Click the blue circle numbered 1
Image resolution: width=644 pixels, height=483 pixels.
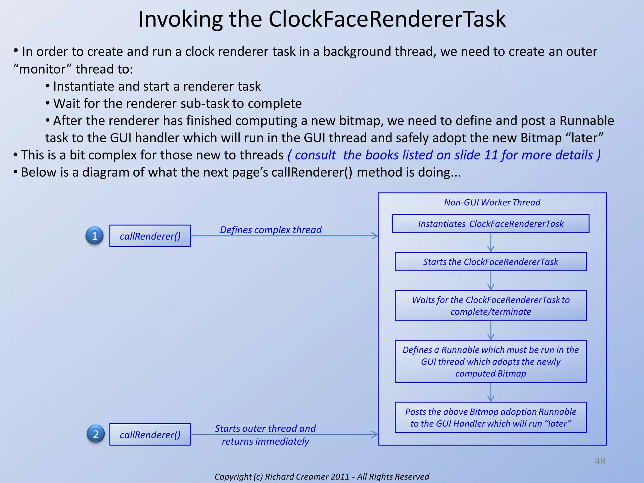pyautogui.click(x=95, y=236)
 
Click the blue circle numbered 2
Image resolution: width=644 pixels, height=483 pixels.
pyautogui.click(x=96, y=434)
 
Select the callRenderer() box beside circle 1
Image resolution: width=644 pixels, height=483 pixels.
pyautogui.click(x=150, y=236)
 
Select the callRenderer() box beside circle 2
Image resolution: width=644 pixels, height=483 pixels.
pyautogui.click(x=150, y=435)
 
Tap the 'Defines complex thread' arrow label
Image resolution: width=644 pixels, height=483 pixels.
pyautogui.click(x=270, y=230)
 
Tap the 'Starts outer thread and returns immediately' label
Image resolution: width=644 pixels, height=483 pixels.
pyautogui.click(x=265, y=435)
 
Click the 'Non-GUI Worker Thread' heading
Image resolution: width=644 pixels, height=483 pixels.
pyautogui.click(x=492, y=202)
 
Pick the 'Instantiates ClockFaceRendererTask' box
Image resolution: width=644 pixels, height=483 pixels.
pyautogui.click(x=491, y=224)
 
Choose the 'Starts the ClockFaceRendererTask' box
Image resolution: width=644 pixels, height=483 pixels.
pyautogui.click(x=491, y=262)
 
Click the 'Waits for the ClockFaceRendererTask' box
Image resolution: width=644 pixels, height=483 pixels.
pyautogui.click(x=491, y=306)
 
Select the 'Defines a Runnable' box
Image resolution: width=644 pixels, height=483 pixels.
pyautogui.click(x=491, y=362)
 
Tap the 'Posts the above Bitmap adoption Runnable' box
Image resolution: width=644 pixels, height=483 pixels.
pyautogui.click(x=491, y=418)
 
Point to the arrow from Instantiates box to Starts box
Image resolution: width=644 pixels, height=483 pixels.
pyautogui.click(x=491, y=243)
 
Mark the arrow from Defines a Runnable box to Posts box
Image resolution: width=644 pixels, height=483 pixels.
pyautogui.click(x=491, y=392)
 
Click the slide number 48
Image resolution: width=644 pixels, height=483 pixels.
pyautogui.click(x=600, y=461)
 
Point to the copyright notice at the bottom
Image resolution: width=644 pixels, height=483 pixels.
pyautogui.click(x=322, y=476)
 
